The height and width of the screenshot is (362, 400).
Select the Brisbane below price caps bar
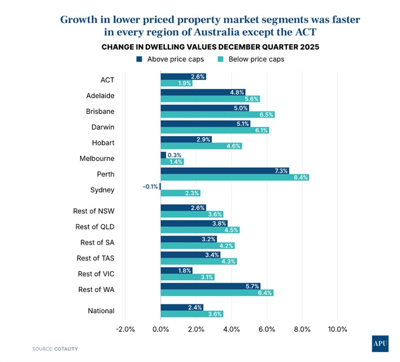[x=218, y=115]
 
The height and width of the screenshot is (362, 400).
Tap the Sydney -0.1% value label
[x=149, y=187]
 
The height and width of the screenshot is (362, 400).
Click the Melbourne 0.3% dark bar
[x=164, y=155]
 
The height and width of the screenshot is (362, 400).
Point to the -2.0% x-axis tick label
[x=125, y=329]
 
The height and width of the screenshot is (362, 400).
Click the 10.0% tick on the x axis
[x=338, y=329]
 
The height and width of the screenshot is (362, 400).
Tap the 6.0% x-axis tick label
[x=267, y=329]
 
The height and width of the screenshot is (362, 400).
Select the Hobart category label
[x=103, y=142]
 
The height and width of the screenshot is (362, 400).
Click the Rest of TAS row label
[x=95, y=258]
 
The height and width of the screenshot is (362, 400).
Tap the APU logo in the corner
[x=380, y=343]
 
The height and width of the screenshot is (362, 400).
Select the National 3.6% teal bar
[x=192, y=314]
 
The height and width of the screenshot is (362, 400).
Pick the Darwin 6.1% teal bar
[x=214, y=131]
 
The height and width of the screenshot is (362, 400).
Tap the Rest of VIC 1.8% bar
[x=176, y=270]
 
